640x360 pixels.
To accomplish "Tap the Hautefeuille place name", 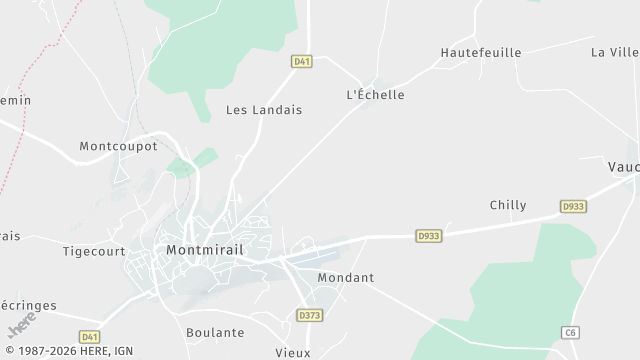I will tap(481, 52).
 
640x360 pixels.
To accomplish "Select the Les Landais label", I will tap(263, 110).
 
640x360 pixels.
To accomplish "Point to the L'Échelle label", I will tap(375, 95).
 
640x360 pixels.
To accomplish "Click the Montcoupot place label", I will tap(118, 146).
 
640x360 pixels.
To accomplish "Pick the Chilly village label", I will tap(508, 205).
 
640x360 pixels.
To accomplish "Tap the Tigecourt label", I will tap(92, 251).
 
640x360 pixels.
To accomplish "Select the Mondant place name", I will tap(345, 277).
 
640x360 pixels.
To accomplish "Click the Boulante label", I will tap(215, 332).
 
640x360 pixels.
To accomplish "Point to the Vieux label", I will tap(293, 352).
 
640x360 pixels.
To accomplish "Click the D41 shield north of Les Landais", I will tap(302, 62).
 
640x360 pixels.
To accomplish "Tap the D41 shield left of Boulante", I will tap(90, 338).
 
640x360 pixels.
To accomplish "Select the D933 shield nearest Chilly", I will tap(573, 206).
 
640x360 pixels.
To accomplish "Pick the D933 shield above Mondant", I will tap(428, 236).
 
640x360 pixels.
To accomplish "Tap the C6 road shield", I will tap(570, 332).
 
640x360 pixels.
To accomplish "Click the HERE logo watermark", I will tap(21, 325).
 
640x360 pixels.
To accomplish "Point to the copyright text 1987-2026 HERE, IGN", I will tap(68, 352).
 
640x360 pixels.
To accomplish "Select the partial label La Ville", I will tap(614, 52).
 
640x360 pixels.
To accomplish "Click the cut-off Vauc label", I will tap(623, 167).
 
